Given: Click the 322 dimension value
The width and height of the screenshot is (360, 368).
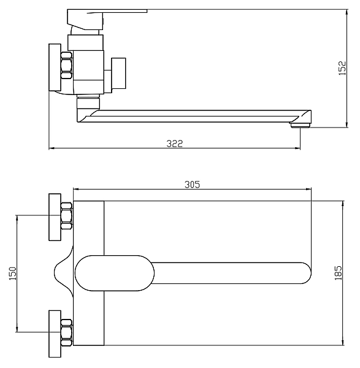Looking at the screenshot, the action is click(x=174, y=144).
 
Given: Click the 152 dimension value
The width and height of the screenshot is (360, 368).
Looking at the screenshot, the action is click(x=343, y=68).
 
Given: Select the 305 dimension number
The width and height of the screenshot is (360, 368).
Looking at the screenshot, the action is click(x=193, y=185).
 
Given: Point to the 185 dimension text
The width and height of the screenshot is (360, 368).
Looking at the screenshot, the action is click(x=338, y=273).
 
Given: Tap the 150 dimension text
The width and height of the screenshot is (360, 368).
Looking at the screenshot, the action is click(x=12, y=274).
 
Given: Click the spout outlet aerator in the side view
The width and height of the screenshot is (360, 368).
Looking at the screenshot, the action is click(x=300, y=125).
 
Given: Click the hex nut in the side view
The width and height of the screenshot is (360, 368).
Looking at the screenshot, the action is click(x=66, y=65).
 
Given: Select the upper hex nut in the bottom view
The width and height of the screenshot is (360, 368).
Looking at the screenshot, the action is click(x=66, y=216).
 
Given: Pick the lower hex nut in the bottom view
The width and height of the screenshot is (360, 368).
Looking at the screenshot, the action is click(x=66, y=332).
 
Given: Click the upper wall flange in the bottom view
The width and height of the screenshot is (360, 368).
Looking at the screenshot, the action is click(x=55, y=217).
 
